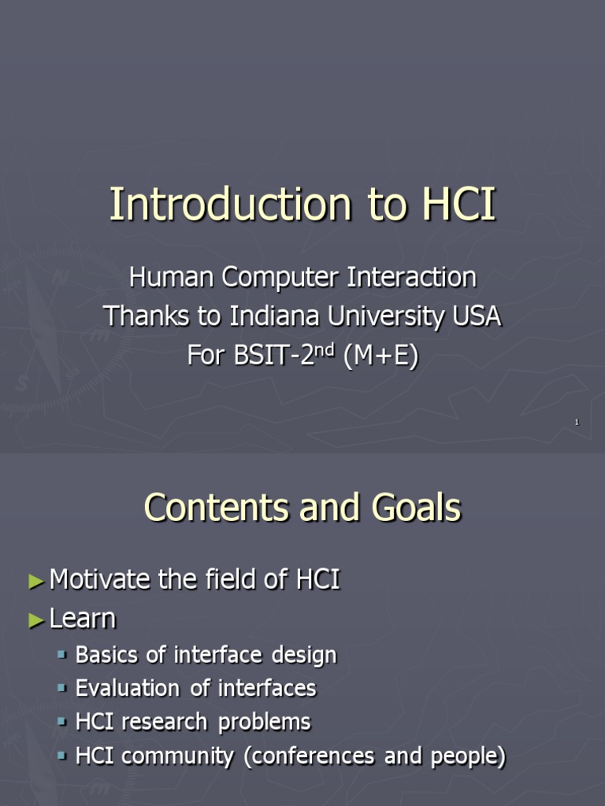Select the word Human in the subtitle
172,278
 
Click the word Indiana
273,316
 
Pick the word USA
477,316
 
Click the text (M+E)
380,356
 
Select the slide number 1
577,423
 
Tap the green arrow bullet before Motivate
36,582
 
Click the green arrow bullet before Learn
36,620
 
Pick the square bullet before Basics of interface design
63,654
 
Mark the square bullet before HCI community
63,756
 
